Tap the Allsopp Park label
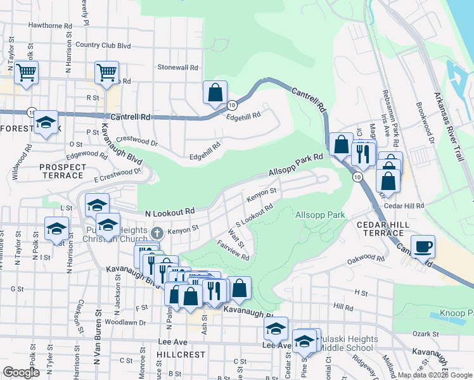tap(320, 215)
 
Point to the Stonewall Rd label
tap(178, 67)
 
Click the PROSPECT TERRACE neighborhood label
tap(62, 171)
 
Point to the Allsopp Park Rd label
tap(295, 164)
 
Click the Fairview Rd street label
tap(233, 250)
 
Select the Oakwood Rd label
tap(366, 260)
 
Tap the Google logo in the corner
tap(20, 372)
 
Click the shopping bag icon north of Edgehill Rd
tap(215, 92)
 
